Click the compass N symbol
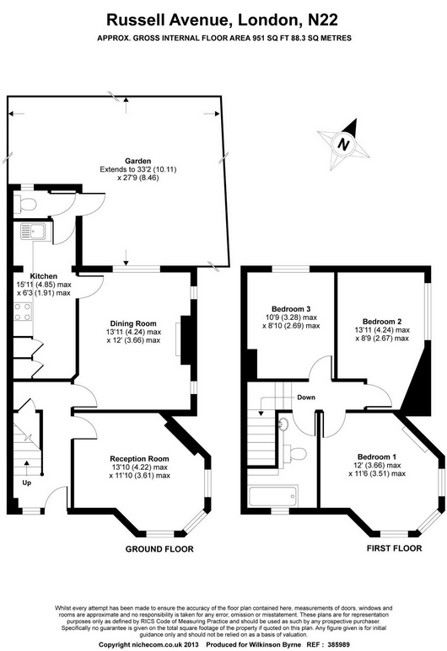click(x=343, y=144)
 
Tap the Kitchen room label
click(x=44, y=276)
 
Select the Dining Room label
click(x=133, y=323)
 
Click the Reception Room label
click(x=139, y=459)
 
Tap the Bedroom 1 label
click(x=377, y=456)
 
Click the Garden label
click(x=138, y=161)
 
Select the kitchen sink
click(x=35, y=232)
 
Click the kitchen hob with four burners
click(x=24, y=312)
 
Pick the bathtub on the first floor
click(x=273, y=496)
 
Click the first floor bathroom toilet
click(x=296, y=453)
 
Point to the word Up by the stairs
click(x=27, y=483)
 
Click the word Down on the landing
click(x=306, y=398)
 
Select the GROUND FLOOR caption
click(x=159, y=549)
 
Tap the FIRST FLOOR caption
click(x=394, y=548)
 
